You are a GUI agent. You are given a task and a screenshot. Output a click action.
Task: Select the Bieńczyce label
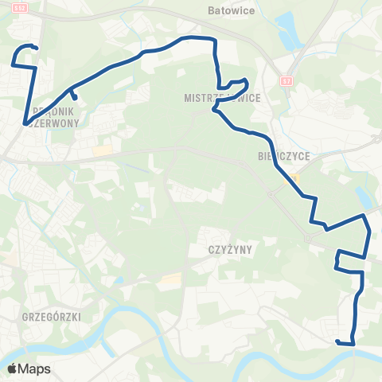point(278,156)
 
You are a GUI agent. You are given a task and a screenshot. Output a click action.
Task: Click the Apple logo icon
point(12,368)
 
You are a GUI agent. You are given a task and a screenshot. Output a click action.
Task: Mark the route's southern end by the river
point(337,341)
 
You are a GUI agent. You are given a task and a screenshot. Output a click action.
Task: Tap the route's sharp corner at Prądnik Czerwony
point(26,123)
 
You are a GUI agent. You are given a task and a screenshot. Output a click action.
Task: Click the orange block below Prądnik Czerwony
point(102,150)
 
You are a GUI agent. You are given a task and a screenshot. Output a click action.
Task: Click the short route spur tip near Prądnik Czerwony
point(75,99)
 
